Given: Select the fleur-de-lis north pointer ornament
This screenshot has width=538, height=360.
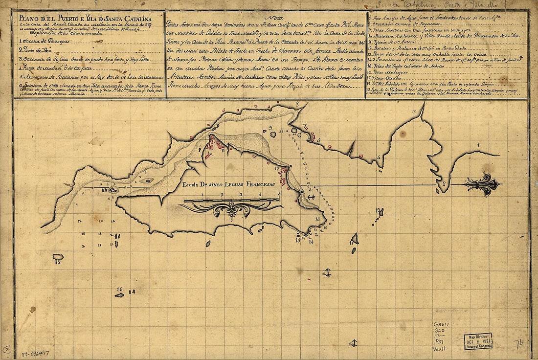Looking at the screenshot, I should (x=483, y=184).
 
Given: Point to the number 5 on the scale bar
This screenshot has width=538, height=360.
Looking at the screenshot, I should (x=279, y=194).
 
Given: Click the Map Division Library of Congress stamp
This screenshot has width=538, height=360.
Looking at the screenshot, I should (x=478, y=341).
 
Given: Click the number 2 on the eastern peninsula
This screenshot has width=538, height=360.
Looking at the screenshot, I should (x=444, y=184).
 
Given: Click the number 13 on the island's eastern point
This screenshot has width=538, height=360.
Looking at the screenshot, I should (x=318, y=219).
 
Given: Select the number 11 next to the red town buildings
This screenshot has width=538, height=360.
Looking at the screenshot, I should (x=223, y=150).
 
